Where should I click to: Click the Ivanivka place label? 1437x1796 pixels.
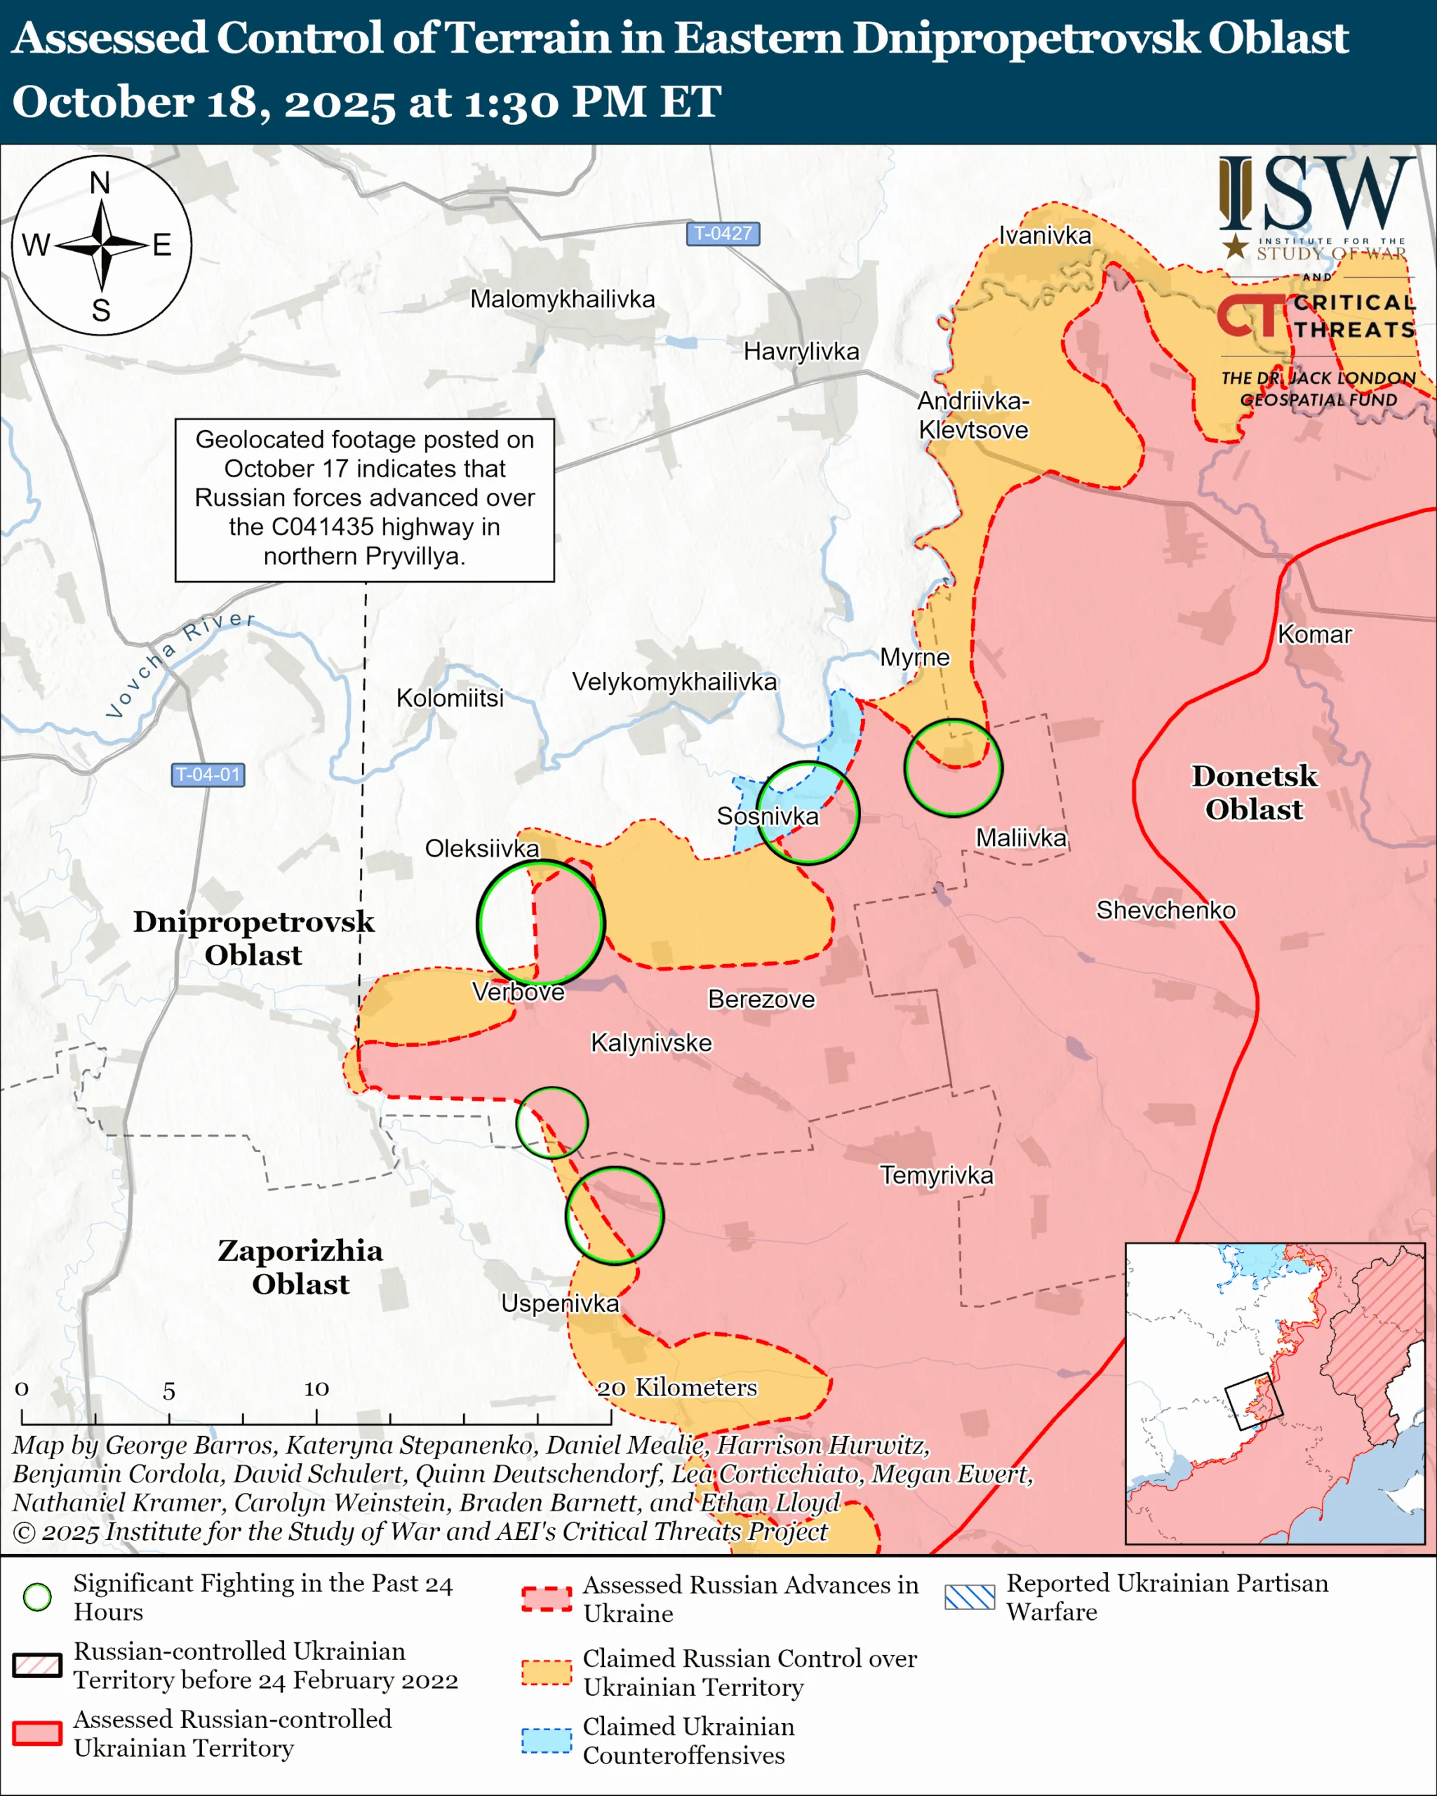(1045, 236)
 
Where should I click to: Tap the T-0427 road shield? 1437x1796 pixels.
(723, 233)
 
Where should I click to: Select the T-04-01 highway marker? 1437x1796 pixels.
(208, 775)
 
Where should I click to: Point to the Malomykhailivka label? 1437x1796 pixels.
(562, 299)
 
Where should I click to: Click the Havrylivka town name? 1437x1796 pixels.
(801, 351)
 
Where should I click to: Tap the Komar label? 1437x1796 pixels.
(1314, 635)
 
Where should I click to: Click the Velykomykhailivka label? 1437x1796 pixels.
(674, 682)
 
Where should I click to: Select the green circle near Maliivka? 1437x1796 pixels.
(953, 768)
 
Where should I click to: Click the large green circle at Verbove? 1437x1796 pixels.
(541, 922)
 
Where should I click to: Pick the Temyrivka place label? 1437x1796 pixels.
(936, 1175)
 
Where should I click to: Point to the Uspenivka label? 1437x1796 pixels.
(560, 1304)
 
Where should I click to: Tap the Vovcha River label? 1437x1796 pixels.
(179, 663)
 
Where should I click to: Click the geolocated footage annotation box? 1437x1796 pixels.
(364, 499)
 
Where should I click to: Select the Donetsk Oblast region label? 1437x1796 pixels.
(1254, 792)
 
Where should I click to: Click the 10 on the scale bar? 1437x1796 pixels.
(316, 1388)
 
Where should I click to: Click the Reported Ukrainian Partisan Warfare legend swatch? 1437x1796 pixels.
(969, 1597)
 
